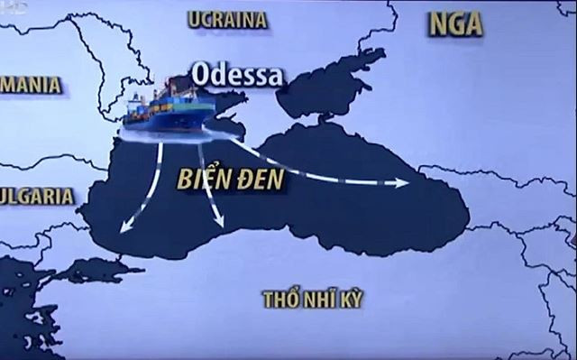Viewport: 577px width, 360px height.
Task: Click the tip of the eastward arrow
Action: coord(407,184)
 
